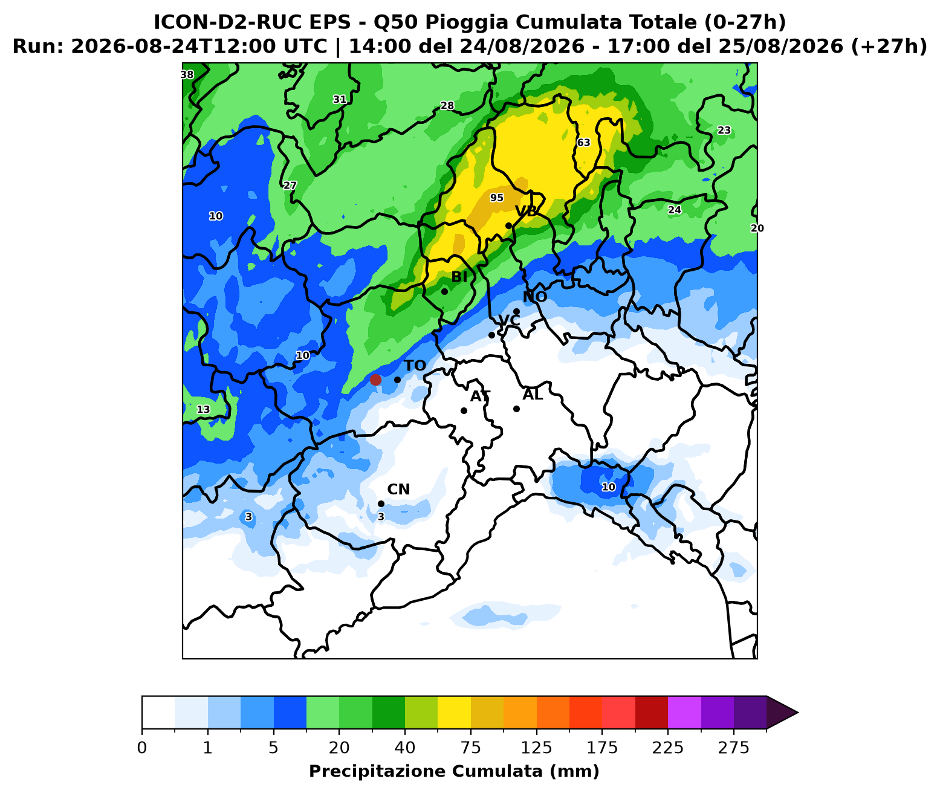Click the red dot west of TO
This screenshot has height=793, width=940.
[x=375, y=380]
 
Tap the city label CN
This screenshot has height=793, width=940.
[x=398, y=489]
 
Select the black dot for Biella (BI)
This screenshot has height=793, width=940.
[x=444, y=292]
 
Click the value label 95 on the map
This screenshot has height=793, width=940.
[x=496, y=198]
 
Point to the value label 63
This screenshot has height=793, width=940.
[x=583, y=142]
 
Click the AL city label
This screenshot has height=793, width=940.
[x=533, y=395]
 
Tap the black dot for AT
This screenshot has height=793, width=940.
[x=464, y=410]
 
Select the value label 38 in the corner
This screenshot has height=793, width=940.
[x=187, y=75]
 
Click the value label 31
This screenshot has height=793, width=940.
[x=340, y=100]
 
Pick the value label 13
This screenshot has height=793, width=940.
[x=204, y=410]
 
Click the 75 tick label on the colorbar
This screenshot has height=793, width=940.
[x=470, y=748]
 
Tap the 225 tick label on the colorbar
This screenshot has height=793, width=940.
[x=667, y=748]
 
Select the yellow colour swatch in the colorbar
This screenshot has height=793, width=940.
[x=454, y=712]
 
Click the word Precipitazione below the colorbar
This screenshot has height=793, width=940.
[x=379, y=771]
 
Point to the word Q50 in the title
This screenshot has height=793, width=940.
[x=396, y=22]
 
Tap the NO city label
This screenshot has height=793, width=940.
[x=535, y=297]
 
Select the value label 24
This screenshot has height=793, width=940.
[x=675, y=210]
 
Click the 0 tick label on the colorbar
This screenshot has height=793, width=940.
[x=142, y=748]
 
